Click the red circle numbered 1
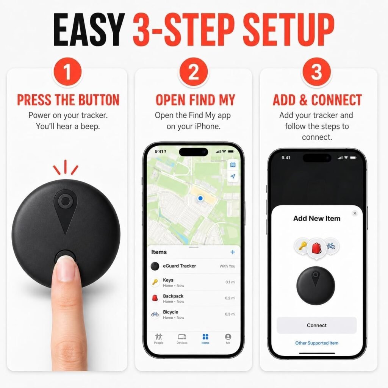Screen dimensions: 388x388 (67, 72)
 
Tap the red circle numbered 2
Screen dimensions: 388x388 (194, 72)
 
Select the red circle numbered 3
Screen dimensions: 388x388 (316, 72)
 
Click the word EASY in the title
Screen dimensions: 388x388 (89, 30)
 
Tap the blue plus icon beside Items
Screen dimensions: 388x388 (233, 252)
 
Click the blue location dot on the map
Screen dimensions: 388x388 (200, 198)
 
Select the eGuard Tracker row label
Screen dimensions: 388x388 (179, 266)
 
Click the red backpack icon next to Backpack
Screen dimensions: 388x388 (155, 298)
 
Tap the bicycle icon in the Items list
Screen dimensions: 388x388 (155, 314)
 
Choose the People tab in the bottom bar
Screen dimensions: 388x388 (159, 338)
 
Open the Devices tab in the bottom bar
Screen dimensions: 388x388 (182, 338)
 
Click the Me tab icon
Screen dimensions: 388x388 (228, 337)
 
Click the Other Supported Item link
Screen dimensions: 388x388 (317, 343)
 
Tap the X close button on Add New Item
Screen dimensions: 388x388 (355, 213)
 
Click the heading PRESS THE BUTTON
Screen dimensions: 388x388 (68, 100)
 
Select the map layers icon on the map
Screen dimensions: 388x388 (233, 165)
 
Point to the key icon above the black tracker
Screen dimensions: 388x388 (302, 246)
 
